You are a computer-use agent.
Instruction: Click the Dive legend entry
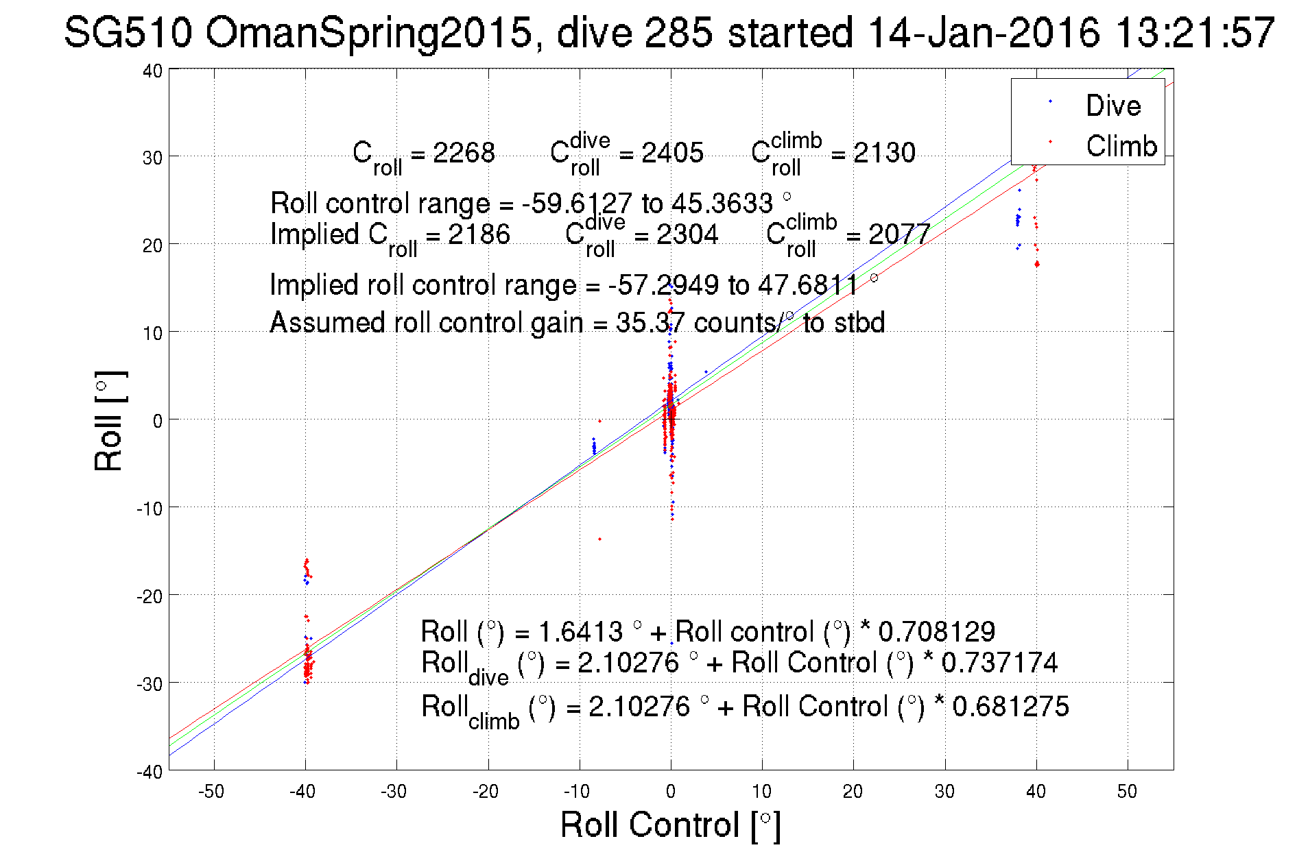[x=1112, y=106]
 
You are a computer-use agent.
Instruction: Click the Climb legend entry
[x=1121, y=146]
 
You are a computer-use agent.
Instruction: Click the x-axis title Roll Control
[x=670, y=825]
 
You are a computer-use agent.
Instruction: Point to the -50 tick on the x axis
[x=211, y=792]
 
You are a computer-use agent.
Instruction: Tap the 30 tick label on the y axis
[x=152, y=158]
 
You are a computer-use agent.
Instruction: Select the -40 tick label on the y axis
[x=150, y=772]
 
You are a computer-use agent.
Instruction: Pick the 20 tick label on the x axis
[x=853, y=792]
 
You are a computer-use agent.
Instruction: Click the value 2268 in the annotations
[x=464, y=152]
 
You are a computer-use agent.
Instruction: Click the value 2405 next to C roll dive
[x=672, y=152]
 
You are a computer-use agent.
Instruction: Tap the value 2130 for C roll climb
[x=883, y=152]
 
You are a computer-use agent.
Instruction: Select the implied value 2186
[x=479, y=234]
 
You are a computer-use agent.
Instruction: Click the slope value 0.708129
[x=936, y=631]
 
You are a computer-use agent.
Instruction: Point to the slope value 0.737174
[x=999, y=663]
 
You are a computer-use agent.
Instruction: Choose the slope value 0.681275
[x=1010, y=707]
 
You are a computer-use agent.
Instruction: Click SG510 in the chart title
[x=128, y=32]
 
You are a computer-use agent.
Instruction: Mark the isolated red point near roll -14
[x=599, y=539]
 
